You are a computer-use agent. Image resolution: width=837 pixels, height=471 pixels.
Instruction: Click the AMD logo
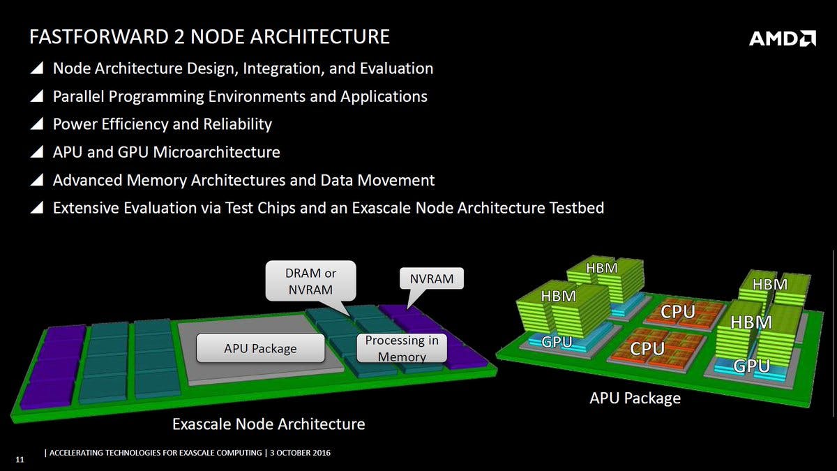coord(782,38)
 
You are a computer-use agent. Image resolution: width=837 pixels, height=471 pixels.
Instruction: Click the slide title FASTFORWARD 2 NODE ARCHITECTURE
coord(209,36)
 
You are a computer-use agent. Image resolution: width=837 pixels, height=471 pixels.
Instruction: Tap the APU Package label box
coord(260,348)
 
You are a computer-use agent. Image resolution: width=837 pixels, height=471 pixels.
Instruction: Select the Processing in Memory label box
coord(402,348)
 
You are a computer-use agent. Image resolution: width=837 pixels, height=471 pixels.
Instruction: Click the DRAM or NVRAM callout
coord(311,281)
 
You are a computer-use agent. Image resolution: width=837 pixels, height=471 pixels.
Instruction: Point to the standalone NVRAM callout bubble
coord(431,280)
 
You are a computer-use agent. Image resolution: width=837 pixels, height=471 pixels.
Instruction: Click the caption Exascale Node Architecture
coord(269,424)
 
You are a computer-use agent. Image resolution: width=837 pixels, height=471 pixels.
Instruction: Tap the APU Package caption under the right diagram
coord(635,398)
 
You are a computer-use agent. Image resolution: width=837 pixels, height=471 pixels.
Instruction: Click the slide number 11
coord(20,459)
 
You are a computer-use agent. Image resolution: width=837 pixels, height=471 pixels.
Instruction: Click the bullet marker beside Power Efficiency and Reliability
coord(38,125)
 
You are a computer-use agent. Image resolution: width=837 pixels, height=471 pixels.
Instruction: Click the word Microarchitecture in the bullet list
coord(217,152)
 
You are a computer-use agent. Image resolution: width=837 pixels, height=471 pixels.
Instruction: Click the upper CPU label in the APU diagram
coord(677,311)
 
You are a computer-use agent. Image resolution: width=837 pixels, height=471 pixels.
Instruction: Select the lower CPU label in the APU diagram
coord(647,348)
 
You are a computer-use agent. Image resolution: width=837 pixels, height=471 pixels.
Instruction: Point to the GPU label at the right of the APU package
coord(752,366)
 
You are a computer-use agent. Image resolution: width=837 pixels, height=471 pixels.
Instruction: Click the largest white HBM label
coord(751,322)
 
